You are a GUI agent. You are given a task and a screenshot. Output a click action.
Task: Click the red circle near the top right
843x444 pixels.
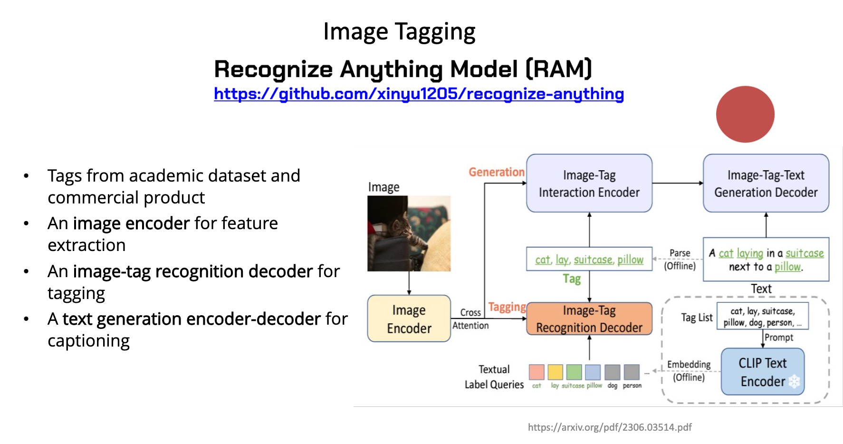pos(745,114)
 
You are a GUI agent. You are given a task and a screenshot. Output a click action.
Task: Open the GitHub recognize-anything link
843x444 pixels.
pos(419,94)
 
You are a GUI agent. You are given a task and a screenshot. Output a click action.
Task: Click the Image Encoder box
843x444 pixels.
pos(409,319)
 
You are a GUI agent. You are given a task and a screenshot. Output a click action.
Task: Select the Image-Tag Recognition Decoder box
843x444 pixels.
pos(589,319)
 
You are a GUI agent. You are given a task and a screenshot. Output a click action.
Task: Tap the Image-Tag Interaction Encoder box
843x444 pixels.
pos(589,183)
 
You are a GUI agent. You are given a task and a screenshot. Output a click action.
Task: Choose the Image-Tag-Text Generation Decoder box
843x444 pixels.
pos(766,183)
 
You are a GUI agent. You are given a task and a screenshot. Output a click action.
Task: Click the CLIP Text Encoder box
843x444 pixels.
pos(763,372)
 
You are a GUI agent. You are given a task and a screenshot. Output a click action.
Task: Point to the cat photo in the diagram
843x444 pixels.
pos(409,233)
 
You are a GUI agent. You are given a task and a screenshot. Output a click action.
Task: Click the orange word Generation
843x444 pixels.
pos(497,172)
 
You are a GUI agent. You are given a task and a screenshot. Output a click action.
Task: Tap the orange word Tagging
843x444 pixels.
pos(507,307)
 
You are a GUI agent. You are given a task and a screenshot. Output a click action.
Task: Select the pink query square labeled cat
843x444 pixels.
pos(536,372)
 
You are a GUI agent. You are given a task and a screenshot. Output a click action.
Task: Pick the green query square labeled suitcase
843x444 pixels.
pos(574,372)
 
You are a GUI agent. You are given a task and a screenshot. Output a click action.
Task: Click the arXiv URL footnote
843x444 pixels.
pos(610,427)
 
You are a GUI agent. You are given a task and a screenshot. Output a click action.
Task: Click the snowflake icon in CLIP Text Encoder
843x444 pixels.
pos(795,381)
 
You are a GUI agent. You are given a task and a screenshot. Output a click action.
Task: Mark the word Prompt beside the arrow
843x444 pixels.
pos(779,338)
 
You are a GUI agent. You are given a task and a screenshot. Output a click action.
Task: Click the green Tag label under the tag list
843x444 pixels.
pos(572,279)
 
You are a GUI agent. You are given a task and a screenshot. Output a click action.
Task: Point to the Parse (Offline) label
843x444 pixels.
pos(680,260)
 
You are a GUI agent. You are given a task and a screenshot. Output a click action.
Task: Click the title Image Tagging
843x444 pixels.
pos(399,32)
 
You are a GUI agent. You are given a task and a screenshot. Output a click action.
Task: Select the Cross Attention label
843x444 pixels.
pos(470,319)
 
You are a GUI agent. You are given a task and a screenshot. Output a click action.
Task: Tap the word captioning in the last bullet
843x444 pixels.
pos(88,341)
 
